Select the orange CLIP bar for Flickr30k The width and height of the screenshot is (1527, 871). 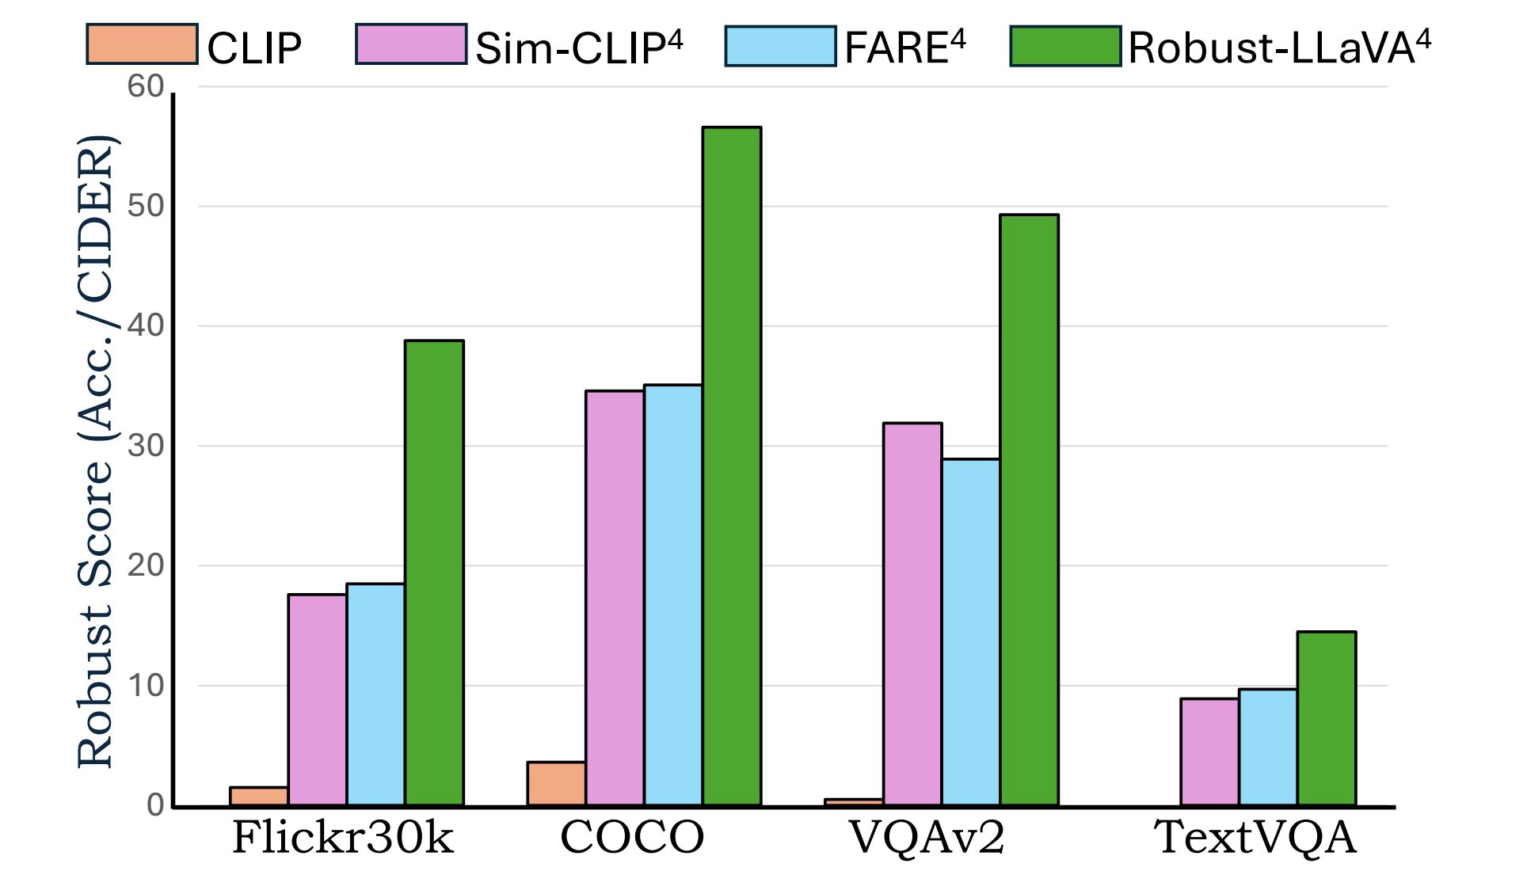click(x=259, y=797)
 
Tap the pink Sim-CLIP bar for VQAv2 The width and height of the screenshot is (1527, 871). click(x=912, y=614)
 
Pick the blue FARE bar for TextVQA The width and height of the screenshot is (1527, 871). click(x=1268, y=747)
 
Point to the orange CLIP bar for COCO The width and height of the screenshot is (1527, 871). click(x=556, y=784)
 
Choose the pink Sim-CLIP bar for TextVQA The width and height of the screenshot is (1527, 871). click(x=1209, y=751)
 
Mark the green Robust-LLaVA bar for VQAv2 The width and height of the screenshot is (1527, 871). click(x=1029, y=510)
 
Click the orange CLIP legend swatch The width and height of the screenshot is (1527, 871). click(x=142, y=44)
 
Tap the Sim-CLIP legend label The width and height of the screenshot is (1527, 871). click(x=579, y=48)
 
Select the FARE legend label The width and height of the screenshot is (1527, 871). click(x=905, y=48)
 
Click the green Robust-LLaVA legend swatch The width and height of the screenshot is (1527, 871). click(x=1065, y=46)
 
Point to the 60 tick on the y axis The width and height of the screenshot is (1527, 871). click(x=146, y=86)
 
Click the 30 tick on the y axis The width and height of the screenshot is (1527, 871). click(x=146, y=446)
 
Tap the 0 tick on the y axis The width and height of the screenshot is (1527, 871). click(x=155, y=805)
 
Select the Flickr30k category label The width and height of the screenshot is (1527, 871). click(x=343, y=838)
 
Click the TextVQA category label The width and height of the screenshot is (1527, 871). click(x=1255, y=838)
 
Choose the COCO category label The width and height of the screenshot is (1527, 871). click(x=632, y=838)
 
